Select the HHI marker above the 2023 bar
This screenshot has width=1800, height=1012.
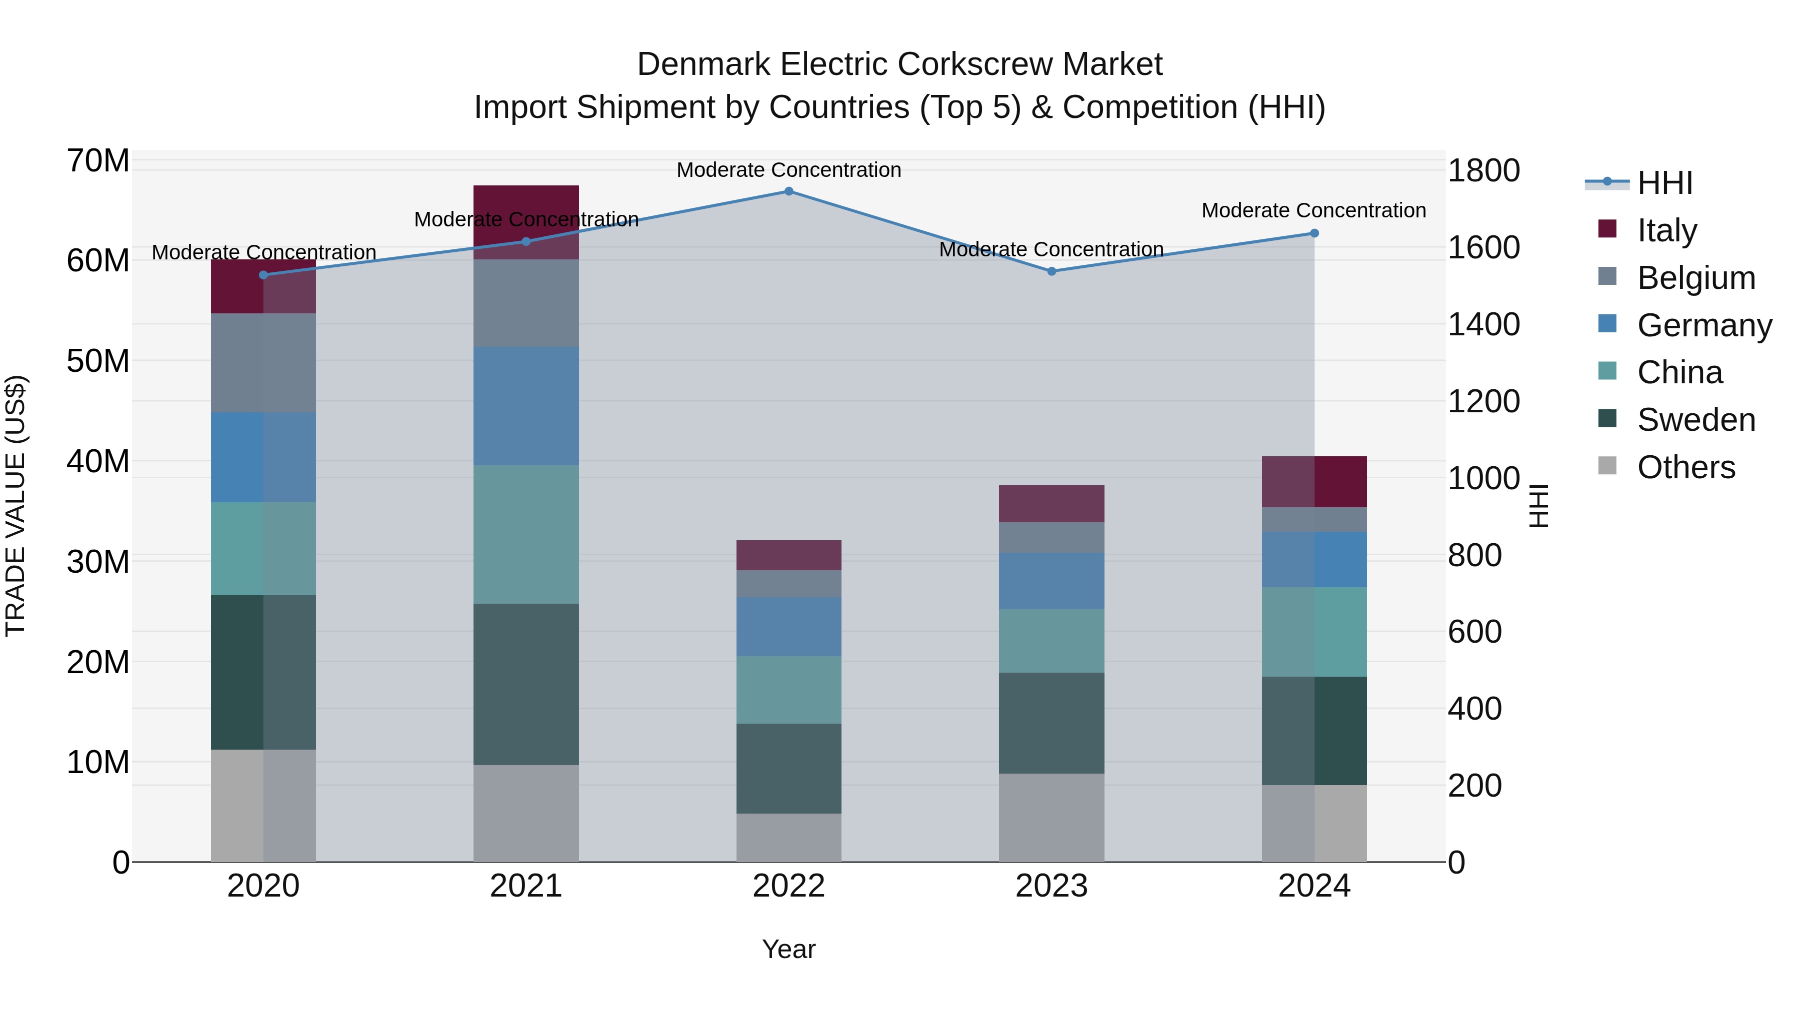coord(1051,271)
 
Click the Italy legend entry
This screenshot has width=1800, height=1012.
coord(1666,230)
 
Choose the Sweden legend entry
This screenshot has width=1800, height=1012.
coord(1696,420)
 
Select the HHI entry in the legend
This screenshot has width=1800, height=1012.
coord(1664,183)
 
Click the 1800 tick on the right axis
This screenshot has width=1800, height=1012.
coord(1483,170)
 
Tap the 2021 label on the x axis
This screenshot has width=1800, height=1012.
coord(525,886)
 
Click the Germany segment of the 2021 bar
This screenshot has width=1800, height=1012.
coord(525,406)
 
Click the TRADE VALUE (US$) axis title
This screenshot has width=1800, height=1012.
coord(15,506)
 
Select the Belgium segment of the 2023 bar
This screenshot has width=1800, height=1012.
coord(1051,537)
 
